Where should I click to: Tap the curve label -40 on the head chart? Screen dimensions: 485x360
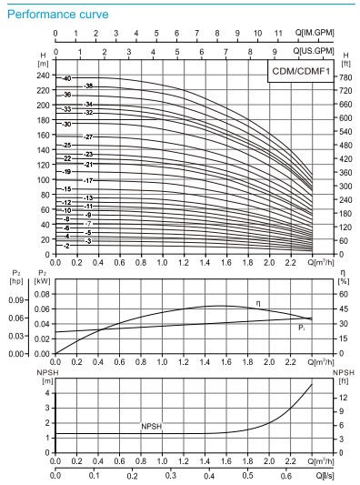(x=65, y=79)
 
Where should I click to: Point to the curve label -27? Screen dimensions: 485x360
(x=88, y=136)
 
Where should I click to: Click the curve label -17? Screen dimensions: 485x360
(x=88, y=181)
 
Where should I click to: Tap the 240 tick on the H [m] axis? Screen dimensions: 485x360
(x=43, y=76)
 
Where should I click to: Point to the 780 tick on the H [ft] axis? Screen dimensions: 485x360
(x=345, y=77)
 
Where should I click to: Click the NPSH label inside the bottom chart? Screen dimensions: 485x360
(x=151, y=426)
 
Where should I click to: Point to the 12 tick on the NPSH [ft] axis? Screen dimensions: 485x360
(x=343, y=398)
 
